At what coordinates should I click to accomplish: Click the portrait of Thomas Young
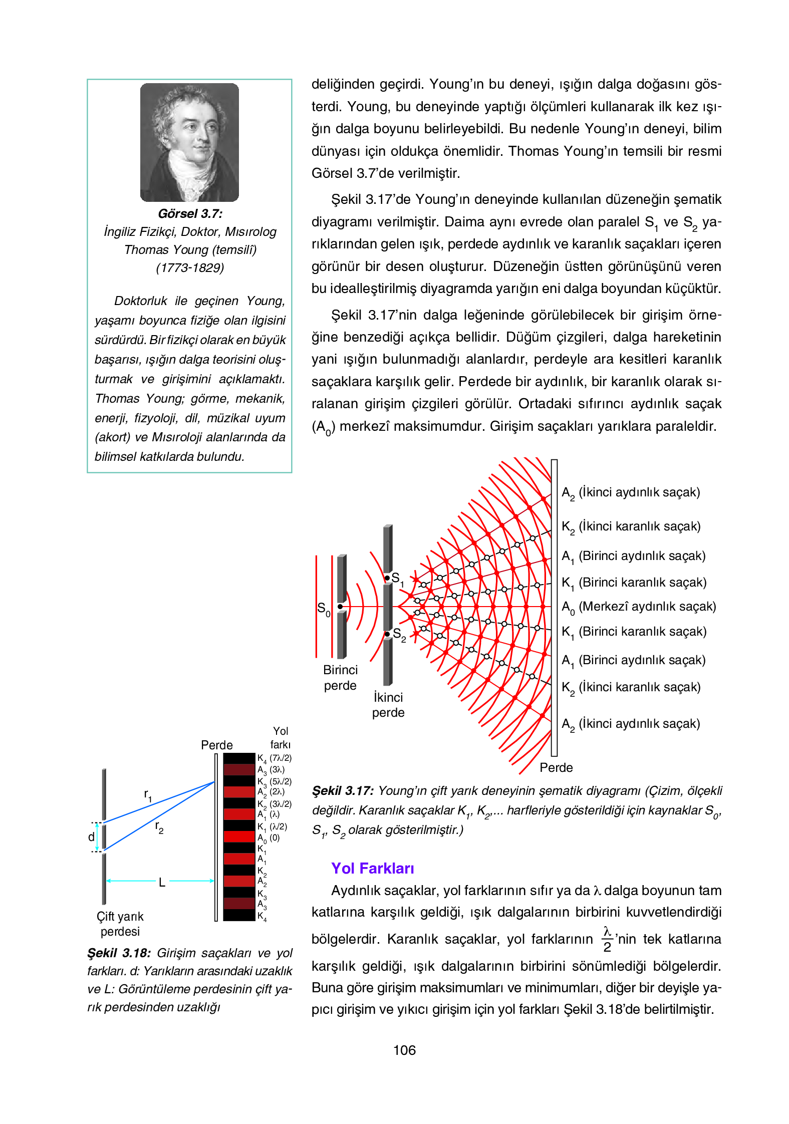[189, 142]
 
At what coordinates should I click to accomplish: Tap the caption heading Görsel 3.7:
[190, 214]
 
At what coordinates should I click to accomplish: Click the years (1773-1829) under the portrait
[190, 268]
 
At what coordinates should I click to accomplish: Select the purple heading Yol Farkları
[373, 868]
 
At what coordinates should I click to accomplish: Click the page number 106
[404, 1050]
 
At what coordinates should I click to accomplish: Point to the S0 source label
[324, 609]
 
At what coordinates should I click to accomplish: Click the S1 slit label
[397, 579]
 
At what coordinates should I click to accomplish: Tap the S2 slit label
[399, 635]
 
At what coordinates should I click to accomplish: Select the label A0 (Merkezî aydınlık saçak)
[639, 607]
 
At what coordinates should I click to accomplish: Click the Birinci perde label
[340, 678]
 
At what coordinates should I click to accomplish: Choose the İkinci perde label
[388, 705]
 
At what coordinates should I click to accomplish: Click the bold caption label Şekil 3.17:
[343, 791]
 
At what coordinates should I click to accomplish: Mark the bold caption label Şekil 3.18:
[119, 953]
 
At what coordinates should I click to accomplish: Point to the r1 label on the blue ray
[148, 795]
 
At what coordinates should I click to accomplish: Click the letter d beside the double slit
[91, 837]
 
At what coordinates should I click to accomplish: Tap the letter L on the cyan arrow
[162, 883]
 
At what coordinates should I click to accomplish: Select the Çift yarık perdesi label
[120, 924]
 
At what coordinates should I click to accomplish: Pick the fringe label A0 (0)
[269, 838]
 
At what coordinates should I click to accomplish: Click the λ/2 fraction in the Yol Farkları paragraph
[607, 939]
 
